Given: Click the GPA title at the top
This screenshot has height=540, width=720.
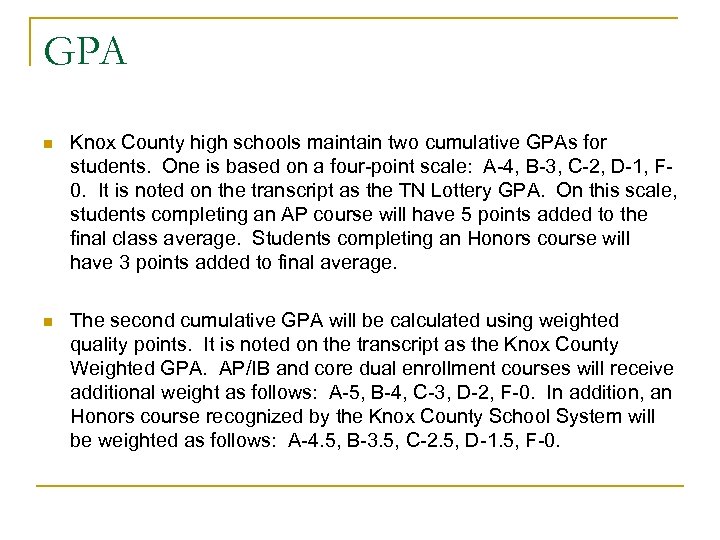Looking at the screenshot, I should click(85, 50).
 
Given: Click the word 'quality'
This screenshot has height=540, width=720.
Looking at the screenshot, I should click(101, 344).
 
